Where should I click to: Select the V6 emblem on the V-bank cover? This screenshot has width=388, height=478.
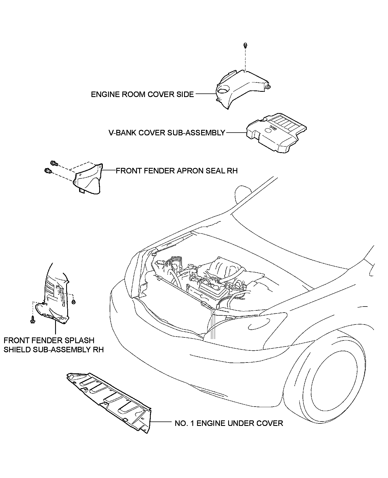(x=273, y=128)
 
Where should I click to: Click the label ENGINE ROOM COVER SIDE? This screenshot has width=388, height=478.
(x=142, y=95)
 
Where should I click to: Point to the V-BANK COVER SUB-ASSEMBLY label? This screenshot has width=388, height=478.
(x=167, y=133)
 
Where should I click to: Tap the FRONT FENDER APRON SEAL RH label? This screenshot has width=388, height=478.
(x=176, y=171)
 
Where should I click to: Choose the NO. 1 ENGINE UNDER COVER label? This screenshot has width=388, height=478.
(x=229, y=423)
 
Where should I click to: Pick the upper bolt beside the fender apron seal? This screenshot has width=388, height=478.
(x=54, y=163)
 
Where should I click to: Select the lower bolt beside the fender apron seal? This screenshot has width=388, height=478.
(x=47, y=171)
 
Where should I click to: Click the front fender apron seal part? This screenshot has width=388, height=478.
(x=88, y=179)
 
